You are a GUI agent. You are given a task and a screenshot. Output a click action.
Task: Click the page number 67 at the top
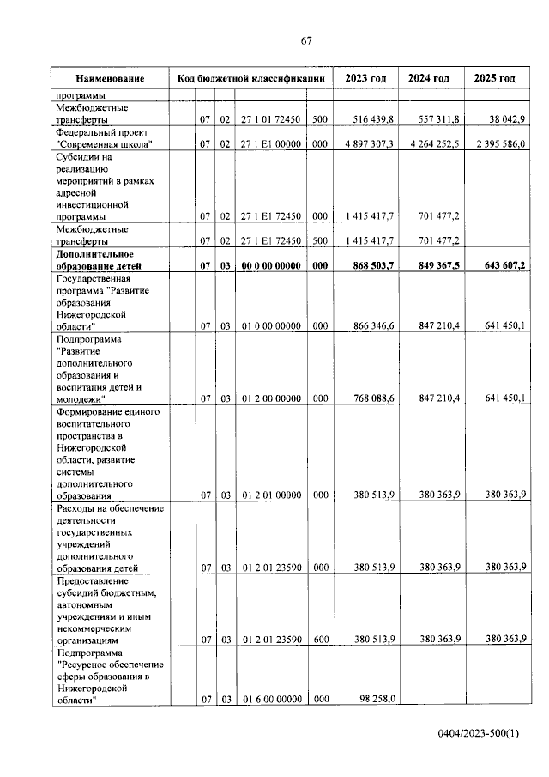tap(306, 40)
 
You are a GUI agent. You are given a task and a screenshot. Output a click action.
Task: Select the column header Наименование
tap(108, 78)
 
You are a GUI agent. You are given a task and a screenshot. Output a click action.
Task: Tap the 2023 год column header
tap(365, 78)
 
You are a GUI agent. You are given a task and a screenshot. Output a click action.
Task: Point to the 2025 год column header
tap(494, 78)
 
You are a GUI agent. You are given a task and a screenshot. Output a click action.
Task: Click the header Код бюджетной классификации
tap(250, 78)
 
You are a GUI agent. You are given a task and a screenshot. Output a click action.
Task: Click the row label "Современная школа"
tap(104, 144)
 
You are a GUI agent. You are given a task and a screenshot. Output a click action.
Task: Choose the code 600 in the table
tap(319, 640)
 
